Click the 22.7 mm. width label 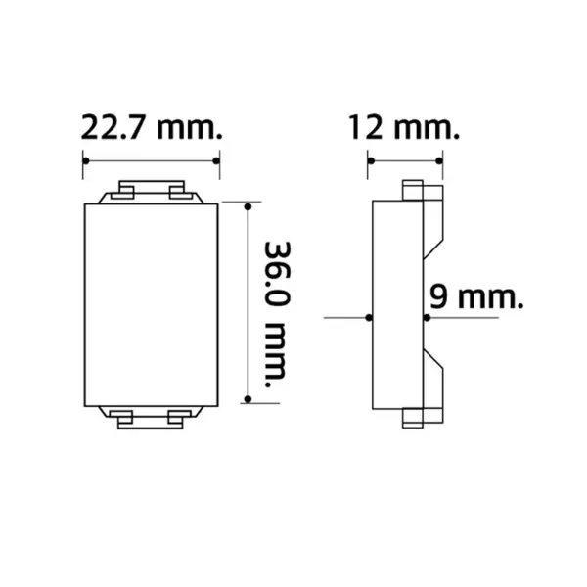[152, 127]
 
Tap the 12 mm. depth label [403, 127]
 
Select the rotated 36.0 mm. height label [278, 314]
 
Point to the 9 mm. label [475, 296]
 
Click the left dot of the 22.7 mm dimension [86, 161]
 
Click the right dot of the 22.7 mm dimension [216, 161]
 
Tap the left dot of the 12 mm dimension [371, 161]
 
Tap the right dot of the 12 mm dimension [439, 161]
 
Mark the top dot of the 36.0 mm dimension [248, 206]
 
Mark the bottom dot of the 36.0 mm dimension [248, 399]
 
